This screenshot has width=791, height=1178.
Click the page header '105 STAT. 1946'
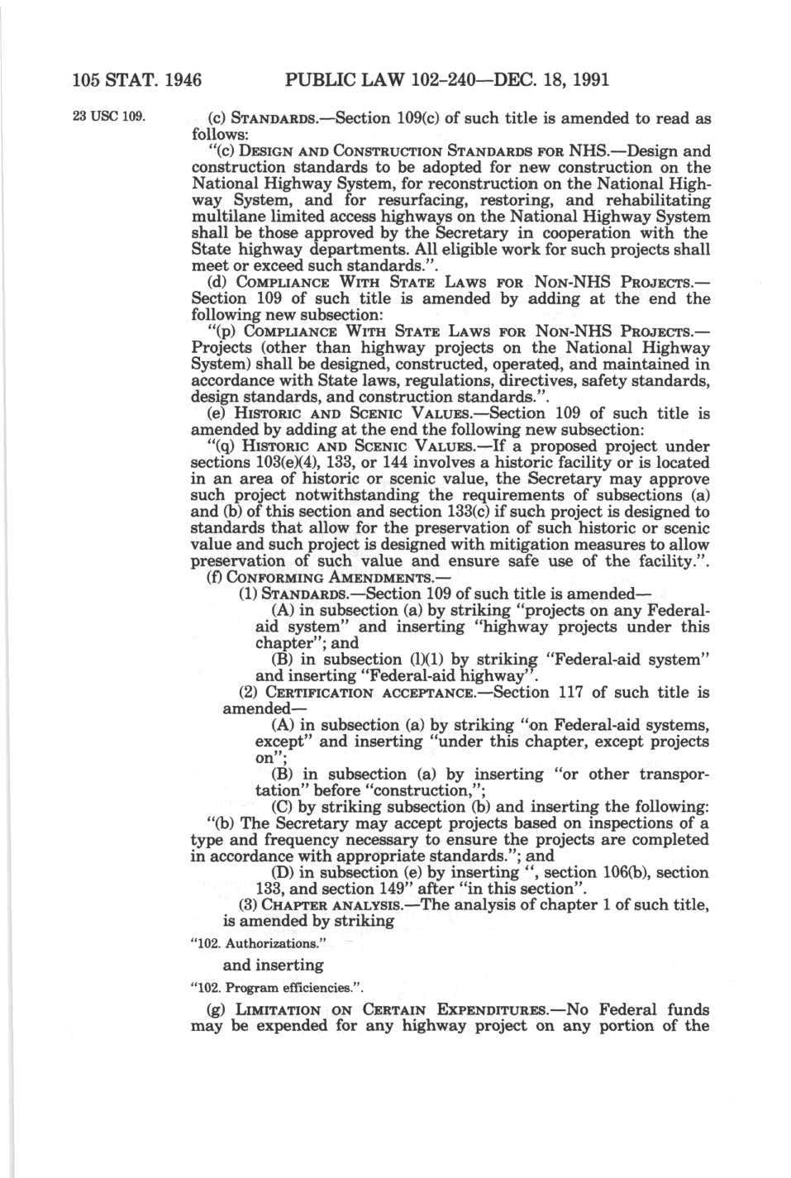[x=137, y=80]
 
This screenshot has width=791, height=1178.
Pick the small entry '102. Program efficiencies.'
[x=277, y=987]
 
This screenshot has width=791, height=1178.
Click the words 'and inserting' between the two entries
[x=272, y=965]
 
